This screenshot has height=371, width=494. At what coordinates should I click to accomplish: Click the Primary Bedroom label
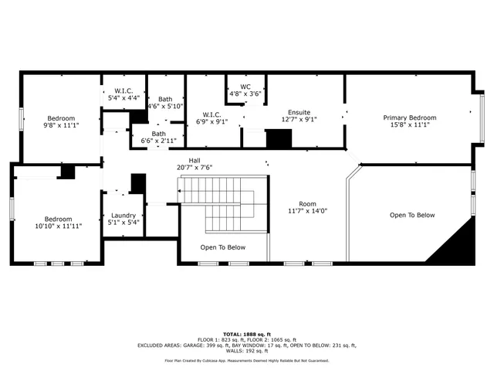click(x=410, y=117)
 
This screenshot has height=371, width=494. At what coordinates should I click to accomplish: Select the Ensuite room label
click(x=299, y=113)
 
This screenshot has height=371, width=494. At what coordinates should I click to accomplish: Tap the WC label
click(x=245, y=87)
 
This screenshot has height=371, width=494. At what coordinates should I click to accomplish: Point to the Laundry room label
click(x=123, y=216)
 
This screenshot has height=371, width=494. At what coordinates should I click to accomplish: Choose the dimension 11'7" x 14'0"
click(x=308, y=210)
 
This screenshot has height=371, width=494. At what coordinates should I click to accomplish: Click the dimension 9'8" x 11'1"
click(x=60, y=124)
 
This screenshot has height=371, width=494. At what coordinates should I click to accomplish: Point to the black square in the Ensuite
click(x=279, y=139)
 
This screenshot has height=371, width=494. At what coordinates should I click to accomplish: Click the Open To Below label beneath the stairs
click(x=223, y=247)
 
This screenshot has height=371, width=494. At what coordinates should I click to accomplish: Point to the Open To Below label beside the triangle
click(x=411, y=216)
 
